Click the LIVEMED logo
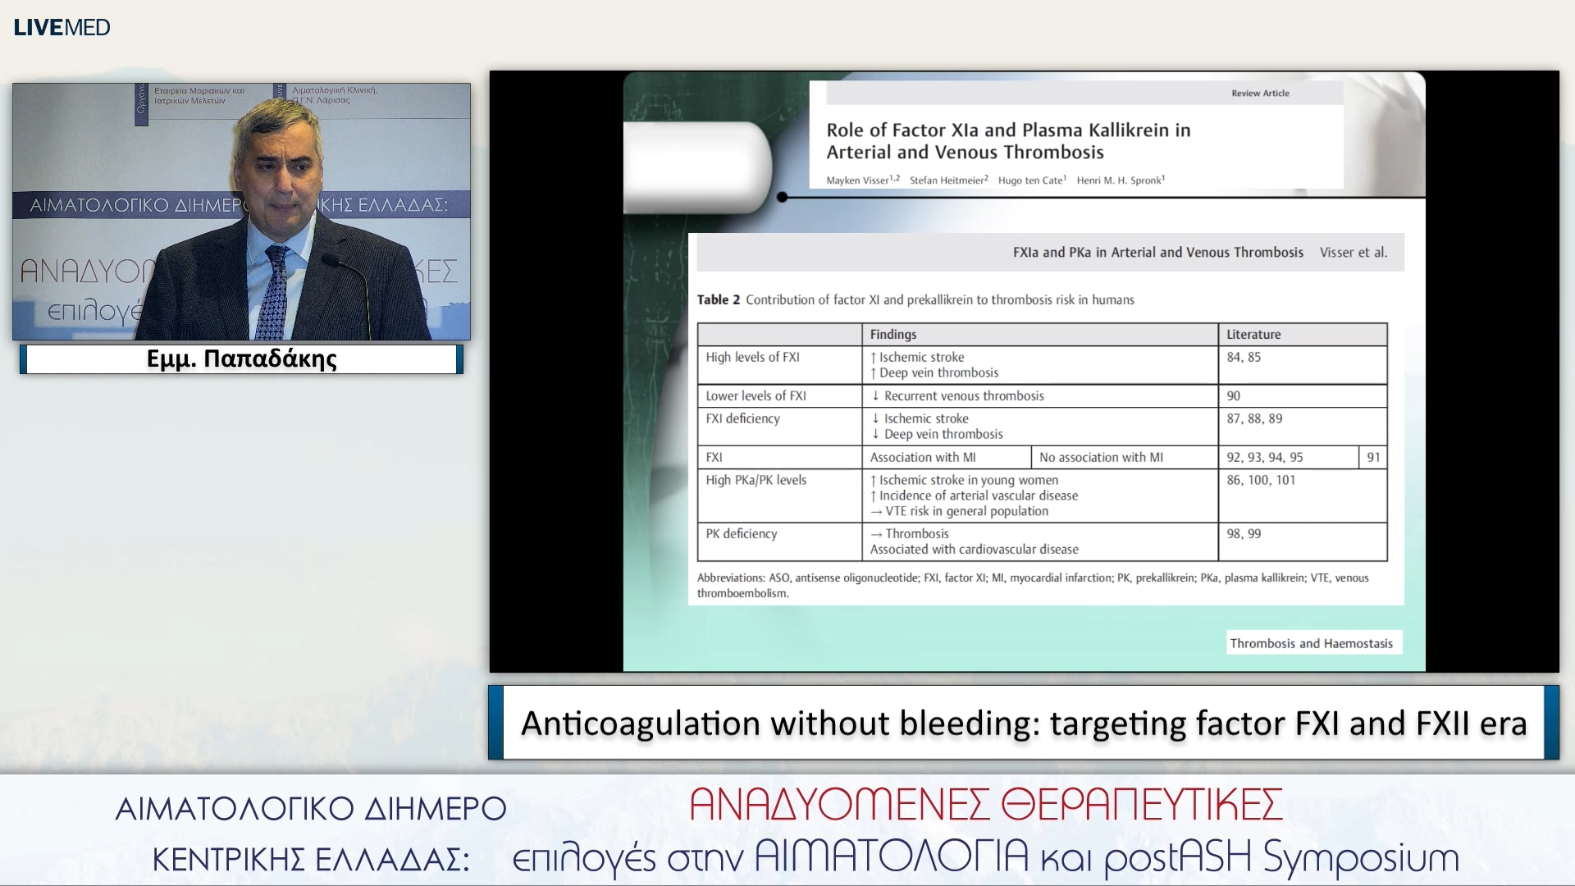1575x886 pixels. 62,27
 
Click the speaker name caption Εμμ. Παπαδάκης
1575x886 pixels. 241,359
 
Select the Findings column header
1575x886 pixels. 893,334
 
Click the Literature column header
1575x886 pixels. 1253,334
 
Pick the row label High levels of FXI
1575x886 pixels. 752,357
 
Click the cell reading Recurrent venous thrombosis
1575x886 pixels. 963,395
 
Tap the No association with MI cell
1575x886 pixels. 1101,457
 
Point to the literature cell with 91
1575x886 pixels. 1373,457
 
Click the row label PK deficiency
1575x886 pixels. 741,533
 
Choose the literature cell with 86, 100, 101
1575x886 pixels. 1261,480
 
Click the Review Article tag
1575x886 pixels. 1260,94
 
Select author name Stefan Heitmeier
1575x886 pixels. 947,180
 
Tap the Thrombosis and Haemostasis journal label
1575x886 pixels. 1311,643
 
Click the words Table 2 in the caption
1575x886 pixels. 718,300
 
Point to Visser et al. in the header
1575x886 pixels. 1353,253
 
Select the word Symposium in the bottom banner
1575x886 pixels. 1361,858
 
